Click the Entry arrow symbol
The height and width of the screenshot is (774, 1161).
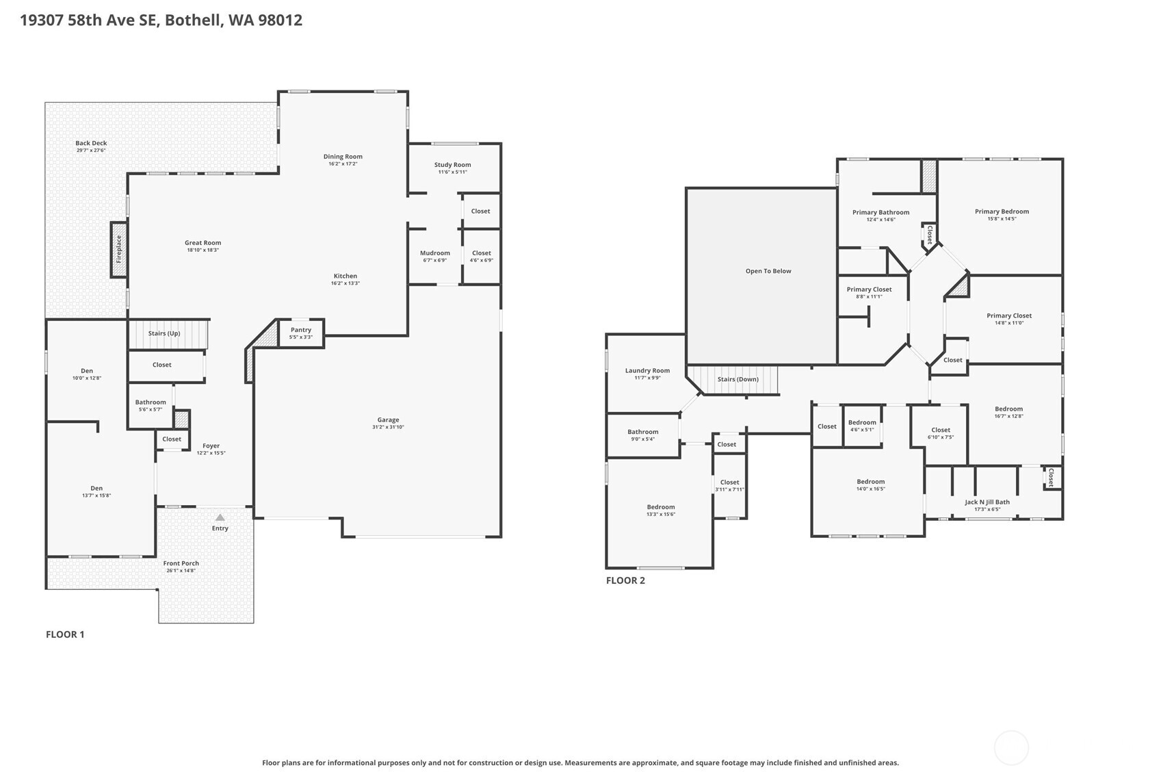[220, 517]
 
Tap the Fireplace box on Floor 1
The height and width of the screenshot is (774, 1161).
[119, 250]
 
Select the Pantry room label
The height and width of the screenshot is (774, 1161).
[301, 330]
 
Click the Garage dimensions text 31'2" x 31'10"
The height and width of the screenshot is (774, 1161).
[388, 427]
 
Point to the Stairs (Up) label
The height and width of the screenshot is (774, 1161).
[164, 333]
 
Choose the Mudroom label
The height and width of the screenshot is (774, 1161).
[435, 253]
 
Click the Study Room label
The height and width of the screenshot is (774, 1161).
[452, 165]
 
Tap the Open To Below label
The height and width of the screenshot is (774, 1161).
[768, 271]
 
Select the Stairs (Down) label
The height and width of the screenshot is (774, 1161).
[738, 379]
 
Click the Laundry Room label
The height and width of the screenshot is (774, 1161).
[647, 371]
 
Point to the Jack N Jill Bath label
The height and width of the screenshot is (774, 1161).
[987, 502]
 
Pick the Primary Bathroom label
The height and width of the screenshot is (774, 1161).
[880, 212]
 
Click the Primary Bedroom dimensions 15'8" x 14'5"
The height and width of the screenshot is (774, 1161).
[1002, 219]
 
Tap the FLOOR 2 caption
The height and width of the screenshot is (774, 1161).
[625, 580]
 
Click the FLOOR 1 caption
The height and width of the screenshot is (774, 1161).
[65, 634]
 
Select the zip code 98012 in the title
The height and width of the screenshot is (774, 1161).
[280, 20]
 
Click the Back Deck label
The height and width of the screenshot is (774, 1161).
[91, 143]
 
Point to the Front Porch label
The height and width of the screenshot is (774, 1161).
[181, 563]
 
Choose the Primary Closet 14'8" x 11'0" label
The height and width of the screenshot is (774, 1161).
[1009, 315]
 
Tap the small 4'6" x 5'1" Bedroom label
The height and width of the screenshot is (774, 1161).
[862, 422]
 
